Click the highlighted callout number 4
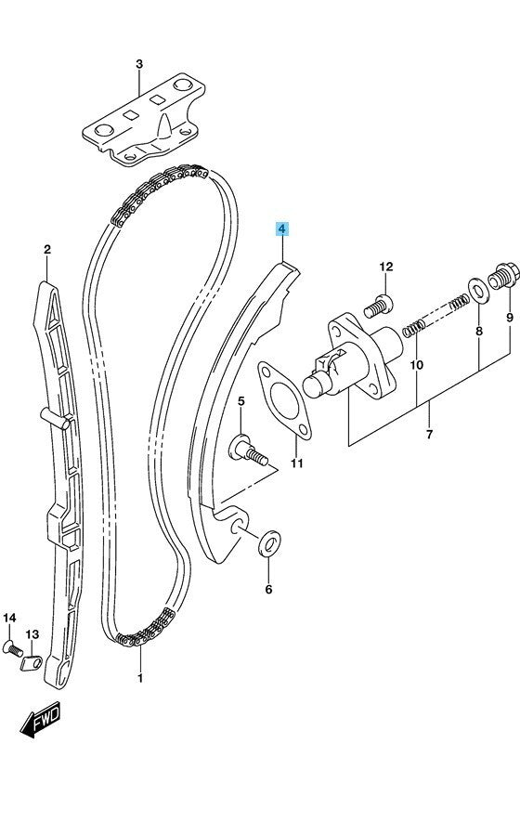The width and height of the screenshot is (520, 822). tap(282, 229)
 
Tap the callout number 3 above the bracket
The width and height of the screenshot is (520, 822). tap(139, 64)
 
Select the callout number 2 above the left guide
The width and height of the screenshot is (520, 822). tap(47, 250)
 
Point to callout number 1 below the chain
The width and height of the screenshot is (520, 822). tap(140, 678)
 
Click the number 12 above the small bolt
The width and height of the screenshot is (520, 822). tap(385, 267)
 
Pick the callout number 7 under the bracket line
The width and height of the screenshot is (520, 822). tap(429, 434)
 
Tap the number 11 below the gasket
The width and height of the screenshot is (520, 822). tap(297, 463)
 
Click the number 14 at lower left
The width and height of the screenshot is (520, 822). tap(9, 618)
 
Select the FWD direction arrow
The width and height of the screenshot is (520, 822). tap(41, 719)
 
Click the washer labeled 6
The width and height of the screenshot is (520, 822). tap(269, 544)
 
